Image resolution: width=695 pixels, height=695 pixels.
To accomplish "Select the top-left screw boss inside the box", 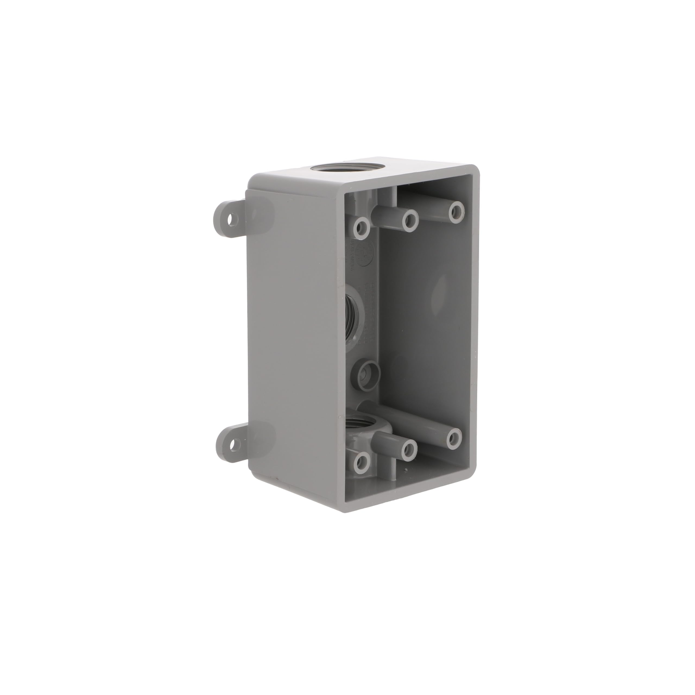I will click(x=362, y=227).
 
